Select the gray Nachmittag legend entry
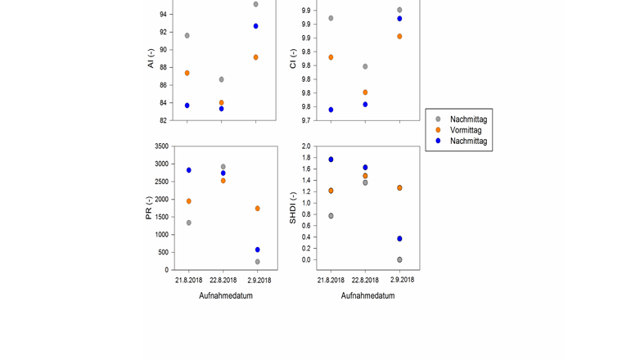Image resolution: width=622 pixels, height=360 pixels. [468, 119]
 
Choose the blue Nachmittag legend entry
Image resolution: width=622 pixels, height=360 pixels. [468, 141]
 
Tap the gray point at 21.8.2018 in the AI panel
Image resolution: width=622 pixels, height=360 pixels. [187, 36]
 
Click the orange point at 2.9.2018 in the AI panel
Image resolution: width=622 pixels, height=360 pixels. [256, 57]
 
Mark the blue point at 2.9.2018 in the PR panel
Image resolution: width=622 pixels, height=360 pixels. [257, 250]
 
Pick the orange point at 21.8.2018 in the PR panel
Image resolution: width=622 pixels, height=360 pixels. [188, 201]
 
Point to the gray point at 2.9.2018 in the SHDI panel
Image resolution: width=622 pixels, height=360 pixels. [399, 259]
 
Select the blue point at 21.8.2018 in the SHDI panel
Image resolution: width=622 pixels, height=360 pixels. [331, 160]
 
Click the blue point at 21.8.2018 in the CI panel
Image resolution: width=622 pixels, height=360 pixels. [331, 110]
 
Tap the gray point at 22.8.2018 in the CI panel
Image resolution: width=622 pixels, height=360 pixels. [365, 66]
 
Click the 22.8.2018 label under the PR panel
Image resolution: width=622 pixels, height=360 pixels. [223, 280]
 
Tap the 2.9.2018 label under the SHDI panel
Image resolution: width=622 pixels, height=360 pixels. [400, 280]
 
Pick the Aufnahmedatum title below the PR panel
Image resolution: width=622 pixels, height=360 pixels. [225, 296]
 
